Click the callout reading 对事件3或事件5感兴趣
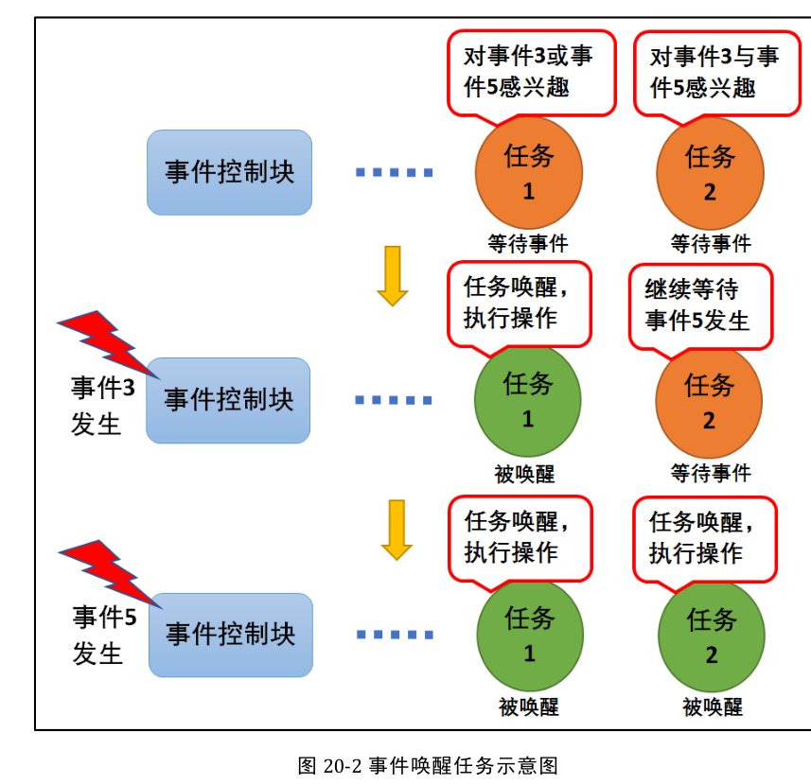[530, 72]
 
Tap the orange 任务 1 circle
[529, 173]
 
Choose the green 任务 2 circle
[712, 636]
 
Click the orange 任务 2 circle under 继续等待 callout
[709, 402]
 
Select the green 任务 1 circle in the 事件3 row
[528, 401]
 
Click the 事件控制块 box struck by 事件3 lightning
[228, 400]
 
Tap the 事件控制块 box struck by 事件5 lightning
[231, 635]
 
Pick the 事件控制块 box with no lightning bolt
[229, 172]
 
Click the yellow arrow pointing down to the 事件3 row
[392, 275]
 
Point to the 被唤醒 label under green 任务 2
[712, 706]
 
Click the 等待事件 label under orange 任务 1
[528, 244]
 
